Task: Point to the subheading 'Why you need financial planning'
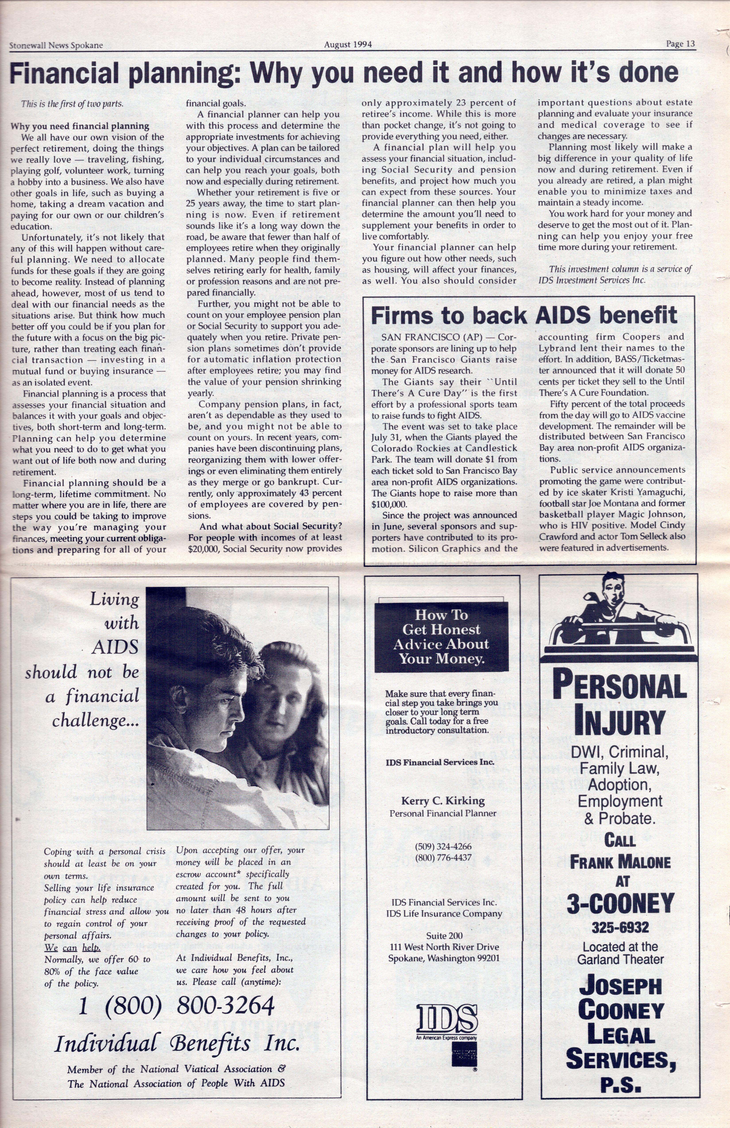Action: pyautogui.click(x=80, y=126)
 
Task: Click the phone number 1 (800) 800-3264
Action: pyautogui.click(x=176, y=1005)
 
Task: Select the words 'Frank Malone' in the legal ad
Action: pyautogui.click(x=620, y=862)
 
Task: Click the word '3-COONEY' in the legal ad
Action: pyautogui.click(x=620, y=903)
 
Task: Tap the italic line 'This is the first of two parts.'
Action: pyautogui.click(x=72, y=104)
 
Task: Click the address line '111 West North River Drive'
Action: pyautogui.click(x=444, y=947)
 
